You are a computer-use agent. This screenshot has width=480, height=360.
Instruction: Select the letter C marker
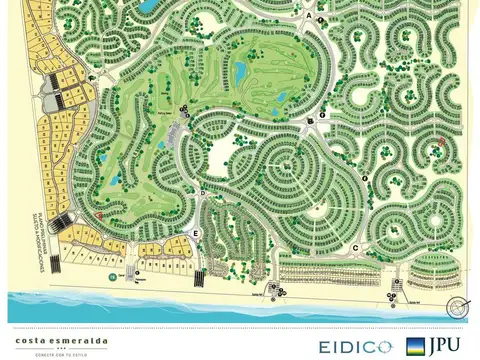click(x=356, y=245)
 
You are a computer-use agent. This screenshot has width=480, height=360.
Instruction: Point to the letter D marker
click(x=202, y=193)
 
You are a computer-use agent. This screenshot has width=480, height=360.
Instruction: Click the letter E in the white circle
click(x=196, y=233)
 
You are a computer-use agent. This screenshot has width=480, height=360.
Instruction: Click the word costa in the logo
click(x=29, y=337)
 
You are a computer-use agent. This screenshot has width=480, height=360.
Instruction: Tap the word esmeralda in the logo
click(x=76, y=337)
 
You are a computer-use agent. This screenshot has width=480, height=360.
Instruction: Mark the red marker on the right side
click(x=442, y=142)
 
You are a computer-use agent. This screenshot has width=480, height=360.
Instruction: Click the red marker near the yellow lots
click(x=99, y=215)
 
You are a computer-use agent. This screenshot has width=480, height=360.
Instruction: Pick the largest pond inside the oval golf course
click(x=240, y=71)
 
